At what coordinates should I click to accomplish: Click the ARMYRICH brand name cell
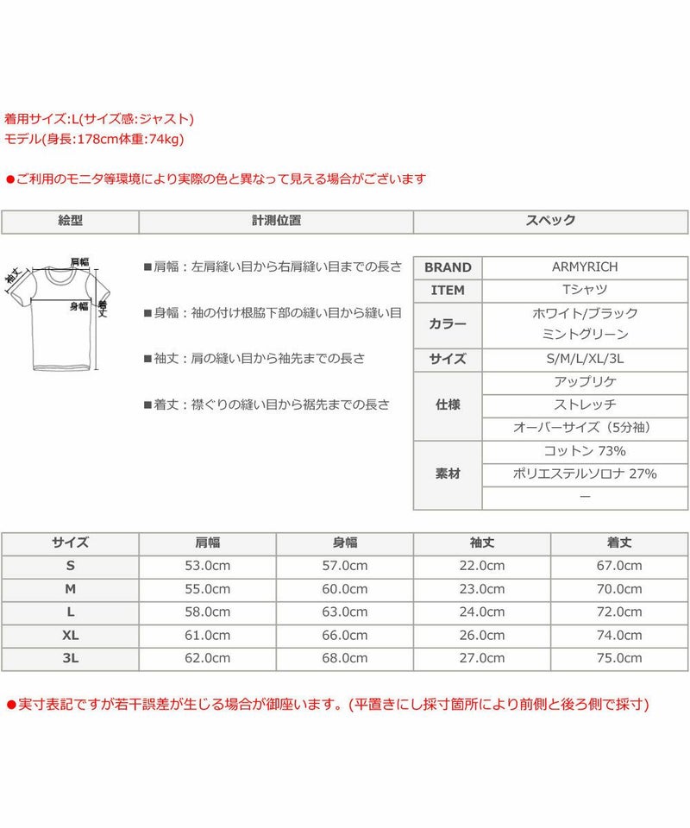coord(585,267)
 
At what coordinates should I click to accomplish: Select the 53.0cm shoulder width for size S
coord(207,566)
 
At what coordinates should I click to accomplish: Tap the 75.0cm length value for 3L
coord(619,658)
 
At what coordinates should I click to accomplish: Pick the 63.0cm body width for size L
coord(345,612)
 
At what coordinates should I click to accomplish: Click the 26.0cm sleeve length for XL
coord(482,636)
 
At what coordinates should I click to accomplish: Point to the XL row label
coord(70,636)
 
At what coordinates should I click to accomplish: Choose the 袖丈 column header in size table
coord(482,543)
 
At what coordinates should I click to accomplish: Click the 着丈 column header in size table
coord(619,543)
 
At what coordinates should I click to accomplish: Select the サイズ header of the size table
coord(70,543)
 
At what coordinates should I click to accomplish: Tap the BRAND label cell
coord(448,267)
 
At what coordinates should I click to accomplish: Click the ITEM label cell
coord(448,291)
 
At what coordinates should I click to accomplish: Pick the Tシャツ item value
coord(585,291)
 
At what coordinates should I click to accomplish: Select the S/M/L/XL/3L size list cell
coord(585,360)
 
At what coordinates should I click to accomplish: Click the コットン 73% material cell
coord(585,451)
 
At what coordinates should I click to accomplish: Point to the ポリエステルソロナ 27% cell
coord(585,474)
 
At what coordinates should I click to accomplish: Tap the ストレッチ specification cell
coord(585,405)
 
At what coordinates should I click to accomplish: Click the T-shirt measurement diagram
coord(57,314)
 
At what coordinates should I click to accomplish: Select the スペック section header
coord(551,221)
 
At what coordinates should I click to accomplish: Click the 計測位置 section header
coord(276,221)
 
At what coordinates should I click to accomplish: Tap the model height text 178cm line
coord(94,138)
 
